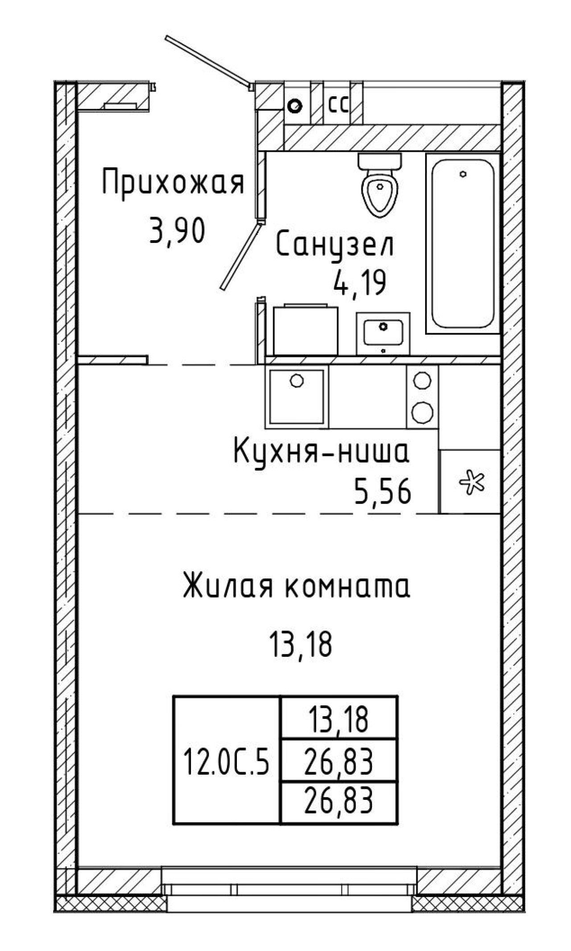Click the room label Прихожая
[174, 182]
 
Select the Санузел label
[335, 245]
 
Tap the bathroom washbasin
[383, 334]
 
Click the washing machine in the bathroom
[306, 330]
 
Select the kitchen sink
[297, 396]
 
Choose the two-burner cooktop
[422, 396]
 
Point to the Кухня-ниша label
[321, 452]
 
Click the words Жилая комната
[296, 587]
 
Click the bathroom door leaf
[240, 257]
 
